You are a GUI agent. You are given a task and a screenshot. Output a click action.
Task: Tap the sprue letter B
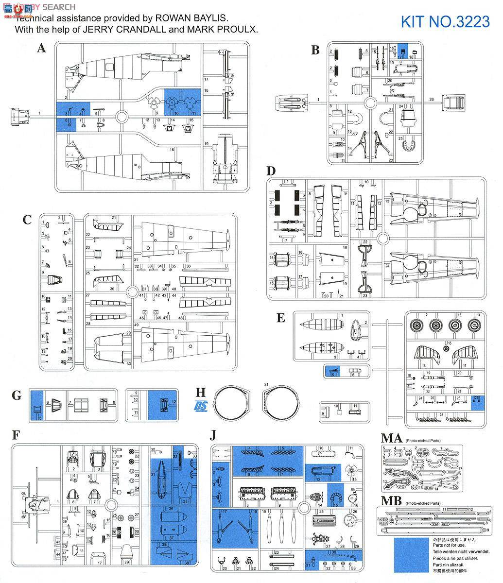315,50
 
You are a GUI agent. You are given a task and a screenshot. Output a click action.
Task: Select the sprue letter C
27,220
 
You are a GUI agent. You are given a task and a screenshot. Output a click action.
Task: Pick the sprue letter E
280,318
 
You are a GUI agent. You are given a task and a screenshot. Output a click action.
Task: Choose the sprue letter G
17,395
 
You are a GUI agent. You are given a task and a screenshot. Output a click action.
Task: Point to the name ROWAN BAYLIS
191,18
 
